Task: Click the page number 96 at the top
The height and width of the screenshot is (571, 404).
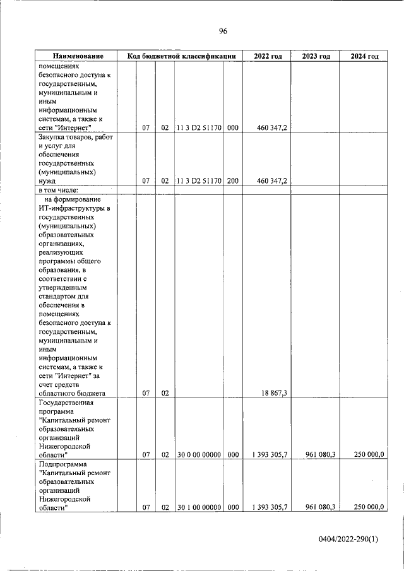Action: (223, 32)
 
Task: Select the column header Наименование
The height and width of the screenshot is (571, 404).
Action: (78, 57)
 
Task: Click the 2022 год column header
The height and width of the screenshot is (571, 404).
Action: (267, 57)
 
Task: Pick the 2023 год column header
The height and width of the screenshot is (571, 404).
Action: (316, 57)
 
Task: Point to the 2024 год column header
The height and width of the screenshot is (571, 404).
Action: (364, 57)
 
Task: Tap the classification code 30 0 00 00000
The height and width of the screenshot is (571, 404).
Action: (199, 454)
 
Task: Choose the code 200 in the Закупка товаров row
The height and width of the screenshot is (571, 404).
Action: (232, 180)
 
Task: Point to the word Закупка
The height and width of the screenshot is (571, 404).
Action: (54, 137)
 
